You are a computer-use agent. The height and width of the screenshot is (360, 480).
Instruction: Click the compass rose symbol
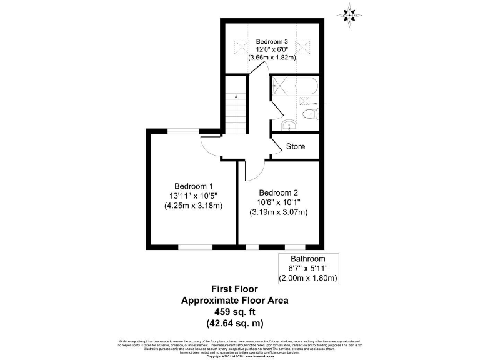[x=349, y=14]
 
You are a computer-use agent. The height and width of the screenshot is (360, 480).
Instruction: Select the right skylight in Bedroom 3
[x=303, y=46]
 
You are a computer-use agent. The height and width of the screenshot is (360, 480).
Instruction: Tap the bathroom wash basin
[x=288, y=126]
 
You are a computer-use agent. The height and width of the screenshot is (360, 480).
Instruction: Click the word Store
[x=296, y=147]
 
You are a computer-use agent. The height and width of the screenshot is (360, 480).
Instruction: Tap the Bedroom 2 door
[x=248, y=169]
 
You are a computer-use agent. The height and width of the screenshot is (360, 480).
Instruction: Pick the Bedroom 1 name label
[x=194, y=186]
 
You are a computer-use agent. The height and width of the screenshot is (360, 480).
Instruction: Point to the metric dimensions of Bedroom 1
[x=194, y=205]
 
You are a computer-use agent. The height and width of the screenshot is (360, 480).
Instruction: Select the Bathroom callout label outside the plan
[x=308, y=259]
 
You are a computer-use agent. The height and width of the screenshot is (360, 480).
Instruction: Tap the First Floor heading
[x=234, y=289]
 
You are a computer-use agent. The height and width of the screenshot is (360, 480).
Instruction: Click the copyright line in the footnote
[x=239, y=356]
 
